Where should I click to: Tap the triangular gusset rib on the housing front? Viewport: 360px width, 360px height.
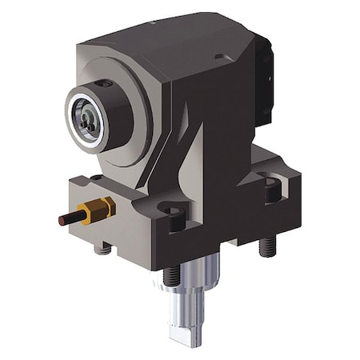click(186, 164)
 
